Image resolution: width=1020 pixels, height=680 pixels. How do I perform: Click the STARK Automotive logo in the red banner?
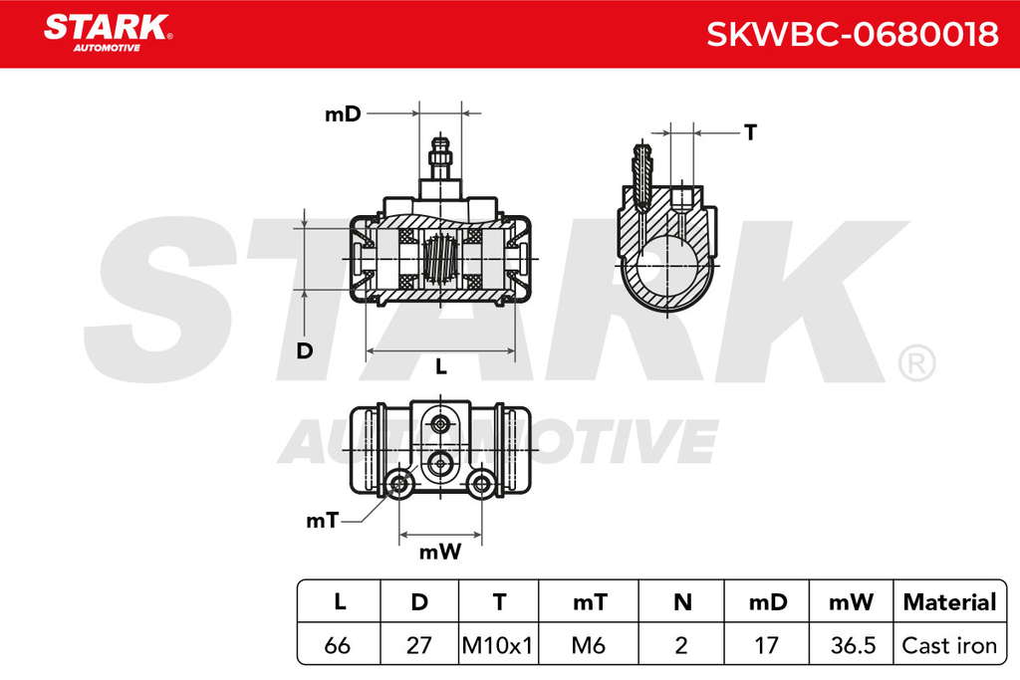point(108,33)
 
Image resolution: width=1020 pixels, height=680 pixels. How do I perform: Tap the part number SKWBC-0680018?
point(853,34)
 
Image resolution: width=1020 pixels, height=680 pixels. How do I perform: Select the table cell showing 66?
point(338,645)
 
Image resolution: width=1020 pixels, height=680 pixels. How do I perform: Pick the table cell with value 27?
point(419,645)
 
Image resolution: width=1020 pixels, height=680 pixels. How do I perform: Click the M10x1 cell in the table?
point(498,645)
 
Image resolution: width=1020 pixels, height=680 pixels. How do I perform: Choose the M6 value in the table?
point(588,645)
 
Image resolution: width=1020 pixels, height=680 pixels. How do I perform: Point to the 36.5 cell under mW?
point(853,645)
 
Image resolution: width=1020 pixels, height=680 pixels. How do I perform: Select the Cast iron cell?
point(949,645)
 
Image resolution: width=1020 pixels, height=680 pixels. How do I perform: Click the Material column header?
point(949,602)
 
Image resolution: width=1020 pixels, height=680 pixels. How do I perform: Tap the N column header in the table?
point(681,602)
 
